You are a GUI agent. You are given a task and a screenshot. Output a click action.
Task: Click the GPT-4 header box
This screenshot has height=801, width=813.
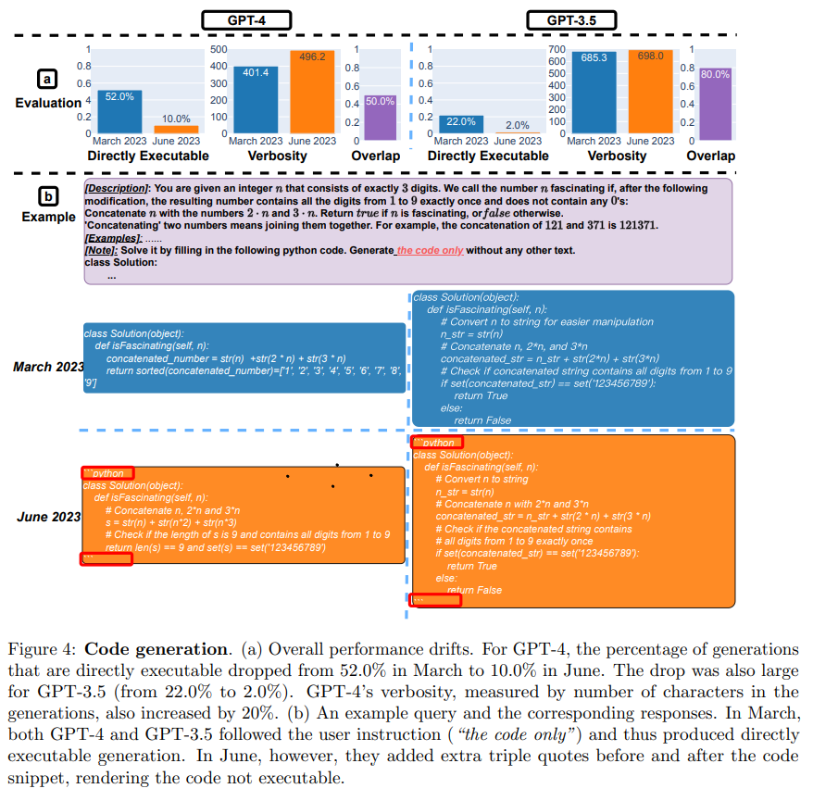pyautogui.click(x=246, y=19)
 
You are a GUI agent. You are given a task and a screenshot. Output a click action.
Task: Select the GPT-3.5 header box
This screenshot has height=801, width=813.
pyautogui.click(x=572, y=19)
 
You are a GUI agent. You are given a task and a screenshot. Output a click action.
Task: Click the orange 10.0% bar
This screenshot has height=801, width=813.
pyautogui.click(x=176, y=129)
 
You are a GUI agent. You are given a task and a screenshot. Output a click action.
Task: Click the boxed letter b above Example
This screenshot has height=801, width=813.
pyautogui.click(x=47, y=196)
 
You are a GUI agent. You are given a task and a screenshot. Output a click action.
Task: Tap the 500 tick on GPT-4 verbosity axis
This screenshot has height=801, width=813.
pyautogui.click(x=219, y=48)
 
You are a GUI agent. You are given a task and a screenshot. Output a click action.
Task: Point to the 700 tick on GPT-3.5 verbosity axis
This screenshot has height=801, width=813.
pyautogui.click(x=556, y=48)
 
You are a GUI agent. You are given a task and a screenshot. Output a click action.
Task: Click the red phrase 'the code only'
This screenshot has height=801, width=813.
pyautogui.click(x=431, y=250)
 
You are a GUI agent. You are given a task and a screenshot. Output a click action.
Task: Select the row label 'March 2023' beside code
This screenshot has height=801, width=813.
pyautogui.click(x=48, y=367)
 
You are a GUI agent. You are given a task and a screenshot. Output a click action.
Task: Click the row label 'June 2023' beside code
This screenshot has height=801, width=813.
pyautogui.click(x=48, y=516)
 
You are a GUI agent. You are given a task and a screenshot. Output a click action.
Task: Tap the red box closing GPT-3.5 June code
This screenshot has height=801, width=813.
pyautogui.click(x=436, y=600)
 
